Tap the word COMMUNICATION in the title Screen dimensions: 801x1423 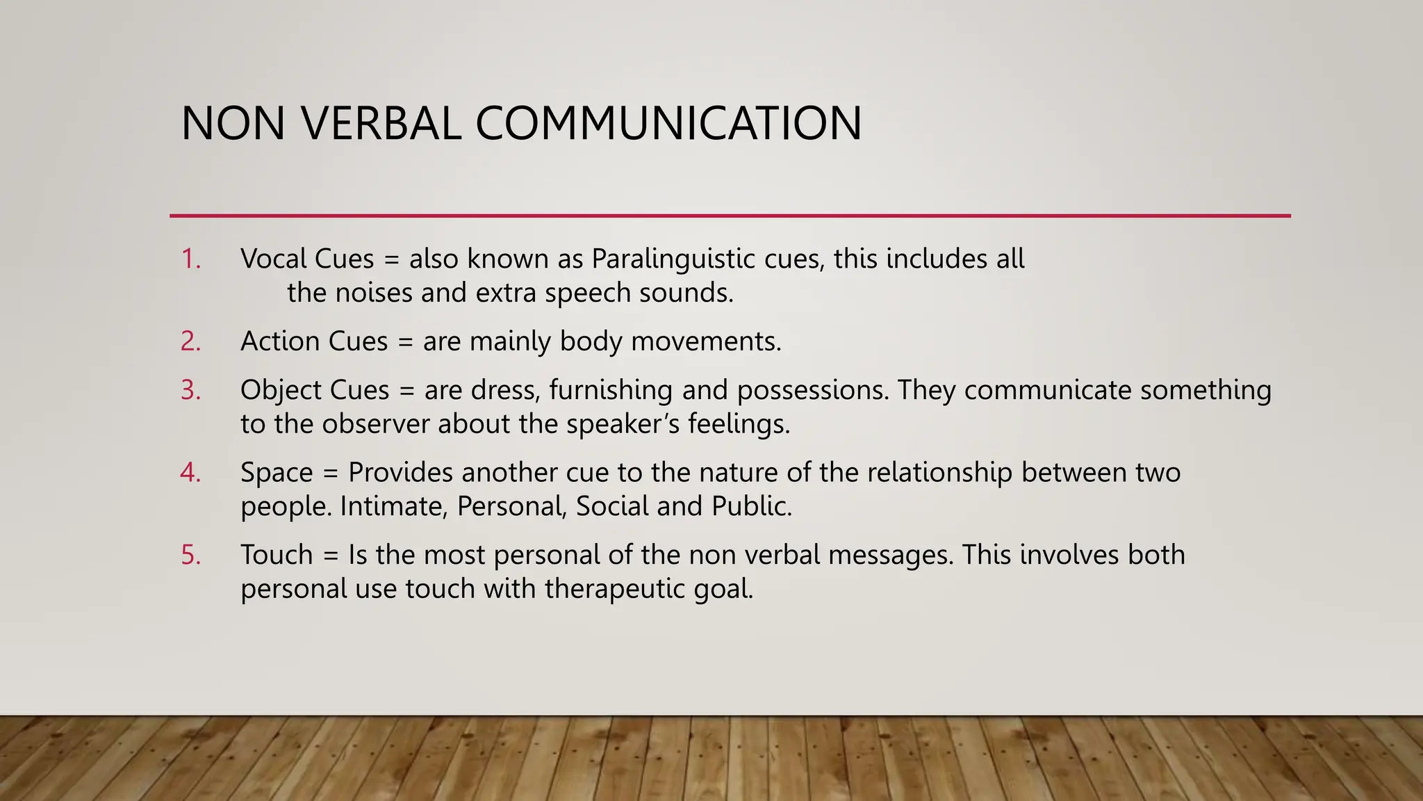668,124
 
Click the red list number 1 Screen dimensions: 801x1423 190,259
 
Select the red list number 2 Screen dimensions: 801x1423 190,341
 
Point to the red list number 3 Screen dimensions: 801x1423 190,390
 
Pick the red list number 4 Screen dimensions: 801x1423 190,473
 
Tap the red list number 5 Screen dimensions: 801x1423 190,555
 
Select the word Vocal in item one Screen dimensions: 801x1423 273,259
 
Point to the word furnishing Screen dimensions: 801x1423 611,390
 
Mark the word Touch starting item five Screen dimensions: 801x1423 277,555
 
